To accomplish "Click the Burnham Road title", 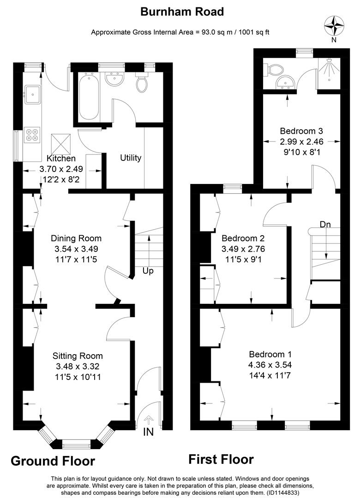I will click(182, 12).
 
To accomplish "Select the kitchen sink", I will click(33, 95).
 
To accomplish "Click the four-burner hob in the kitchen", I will click(33, 134).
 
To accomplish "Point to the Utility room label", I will click(131, 158).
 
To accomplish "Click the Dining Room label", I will click(76, 238).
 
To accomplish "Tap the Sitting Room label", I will click(78, 356).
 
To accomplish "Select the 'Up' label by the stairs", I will click(148, 271).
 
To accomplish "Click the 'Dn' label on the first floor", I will click(326, 225).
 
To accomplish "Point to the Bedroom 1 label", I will click(270, 355).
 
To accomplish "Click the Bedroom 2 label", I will click(243, 238).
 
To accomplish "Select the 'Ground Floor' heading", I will click(53, 461).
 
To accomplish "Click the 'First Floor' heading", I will click(221, 459).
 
